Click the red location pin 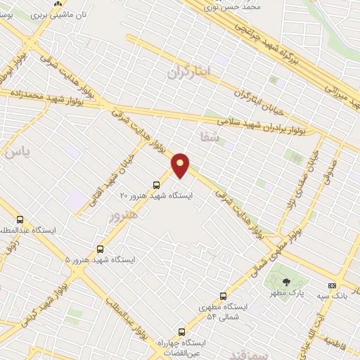[x=181, y=165]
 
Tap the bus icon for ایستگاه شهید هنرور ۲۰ [x=156, y=185]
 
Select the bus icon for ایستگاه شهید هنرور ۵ [x=100, y=249]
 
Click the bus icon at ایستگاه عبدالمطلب [x=19, y=219]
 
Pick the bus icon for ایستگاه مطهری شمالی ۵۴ [x=223, y=296]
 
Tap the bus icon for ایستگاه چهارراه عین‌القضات [x=182, y=331]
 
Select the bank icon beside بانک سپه [x=332, y=285]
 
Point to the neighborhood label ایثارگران [x=189, y=71]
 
